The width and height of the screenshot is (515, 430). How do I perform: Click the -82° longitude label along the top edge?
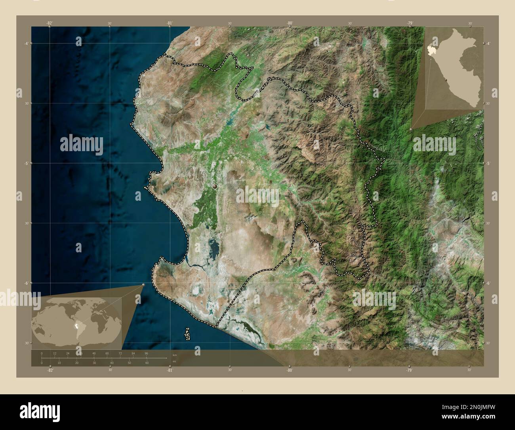pos(50,23)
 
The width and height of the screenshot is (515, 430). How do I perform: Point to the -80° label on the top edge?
pos(290,23)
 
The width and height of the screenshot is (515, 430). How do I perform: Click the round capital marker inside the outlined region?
pos(215,186)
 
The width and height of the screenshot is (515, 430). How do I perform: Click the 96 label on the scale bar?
pos(146,353)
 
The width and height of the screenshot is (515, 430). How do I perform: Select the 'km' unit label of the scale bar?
pos(174,355)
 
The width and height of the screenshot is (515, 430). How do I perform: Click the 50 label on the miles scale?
pos(129,363)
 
